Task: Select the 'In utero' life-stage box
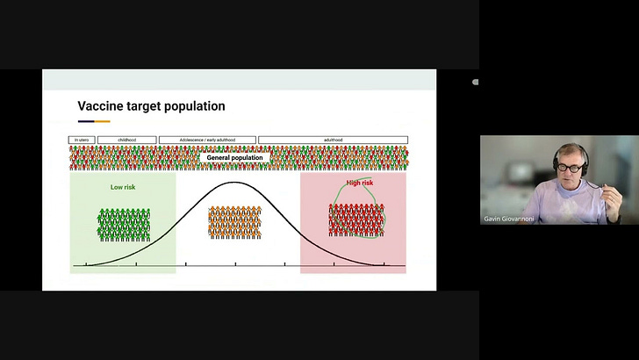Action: coord(82,140)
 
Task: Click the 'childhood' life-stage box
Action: coord(127,140)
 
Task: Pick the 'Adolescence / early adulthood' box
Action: coord(207,140)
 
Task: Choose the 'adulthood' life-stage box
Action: coord(333,140)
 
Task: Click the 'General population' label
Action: coord(234,157)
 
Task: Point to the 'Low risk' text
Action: coord(123,187)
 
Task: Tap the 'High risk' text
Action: coord(359,183)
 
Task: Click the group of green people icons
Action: coord(124,224)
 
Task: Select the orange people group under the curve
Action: coord(234,221)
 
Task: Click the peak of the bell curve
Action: coord(234,183)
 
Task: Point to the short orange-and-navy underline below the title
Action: coord(94,121)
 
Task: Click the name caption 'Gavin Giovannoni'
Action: coord(509,218)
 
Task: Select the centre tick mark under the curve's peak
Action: coord(235,264)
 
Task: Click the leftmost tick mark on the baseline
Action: coord(86,264)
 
